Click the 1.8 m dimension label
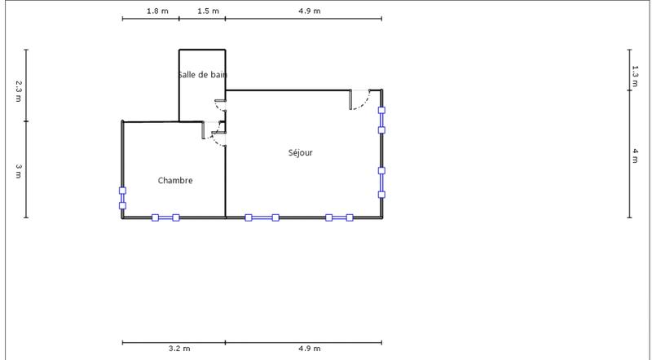point(157,11)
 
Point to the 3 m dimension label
point(19,170)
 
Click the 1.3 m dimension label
point(635,76)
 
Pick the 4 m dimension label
point(635,155)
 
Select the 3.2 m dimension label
point(179,349)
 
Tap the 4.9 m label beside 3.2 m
point(310,349)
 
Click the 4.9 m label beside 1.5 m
point(310,11)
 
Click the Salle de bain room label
point(202,75)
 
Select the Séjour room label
point(300,152)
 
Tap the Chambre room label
point(175,180)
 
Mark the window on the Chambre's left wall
point(122,198)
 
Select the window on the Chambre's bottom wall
point(165,217)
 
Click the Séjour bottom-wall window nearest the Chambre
point(262,217)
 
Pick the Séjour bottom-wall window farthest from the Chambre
point(339,217)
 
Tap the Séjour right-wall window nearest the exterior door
point(381,119)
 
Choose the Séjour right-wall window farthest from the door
point(381,182)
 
